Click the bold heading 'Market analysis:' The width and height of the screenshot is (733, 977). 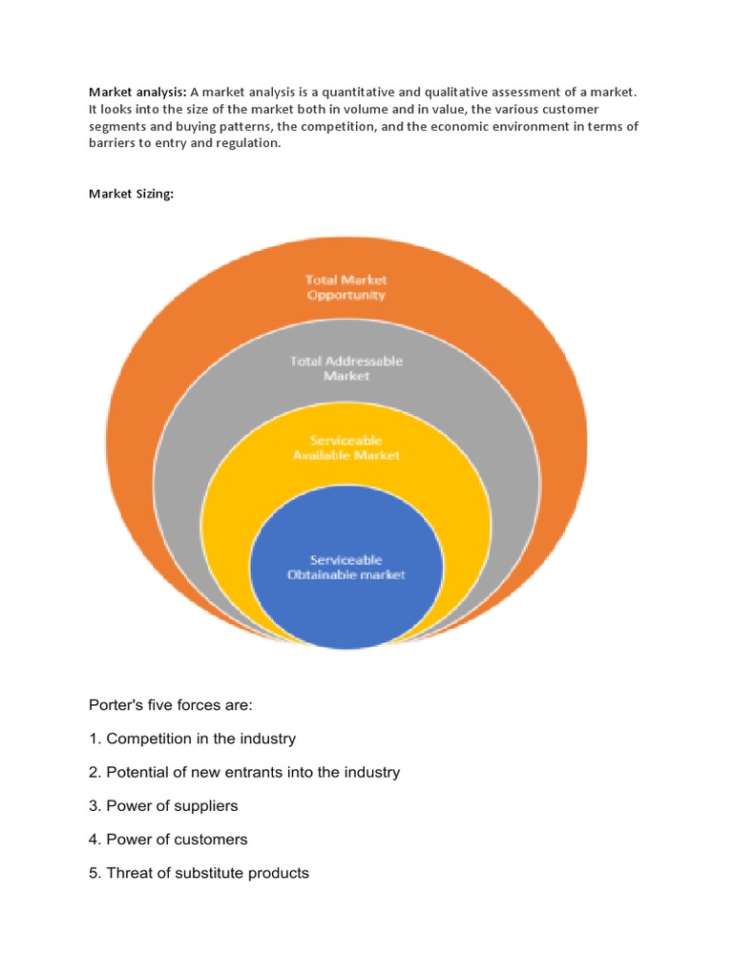tap(137, 93)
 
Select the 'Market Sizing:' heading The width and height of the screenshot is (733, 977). tap(131, 194)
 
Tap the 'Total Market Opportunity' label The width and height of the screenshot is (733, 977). tap(346, 287)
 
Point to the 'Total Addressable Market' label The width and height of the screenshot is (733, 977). tap(346, 368)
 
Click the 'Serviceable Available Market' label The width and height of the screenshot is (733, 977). tap(346, 447)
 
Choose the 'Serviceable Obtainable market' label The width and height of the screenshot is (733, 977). tap(346, 567)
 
